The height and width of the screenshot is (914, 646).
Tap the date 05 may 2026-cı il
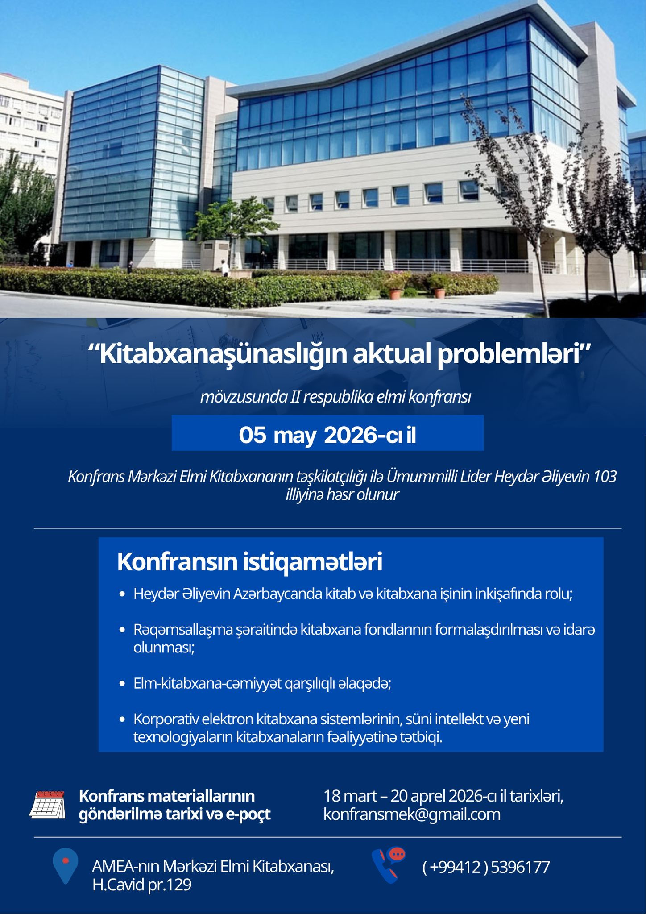tap(327, 435)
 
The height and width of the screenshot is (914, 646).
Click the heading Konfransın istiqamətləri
tap(249, 562)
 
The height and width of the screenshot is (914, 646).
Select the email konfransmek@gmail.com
tap(412, 814)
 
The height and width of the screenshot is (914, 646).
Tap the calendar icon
tap(47, 805)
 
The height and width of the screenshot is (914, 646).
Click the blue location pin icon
tap(65, 865)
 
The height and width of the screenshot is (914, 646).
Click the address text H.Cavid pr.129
tap(142, 885)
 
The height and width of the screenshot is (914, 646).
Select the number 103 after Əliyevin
tap(605, 477)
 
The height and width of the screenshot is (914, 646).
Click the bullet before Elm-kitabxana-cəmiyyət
tap(122, 684)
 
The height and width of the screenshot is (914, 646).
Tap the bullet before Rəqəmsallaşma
tap(122, 630)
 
